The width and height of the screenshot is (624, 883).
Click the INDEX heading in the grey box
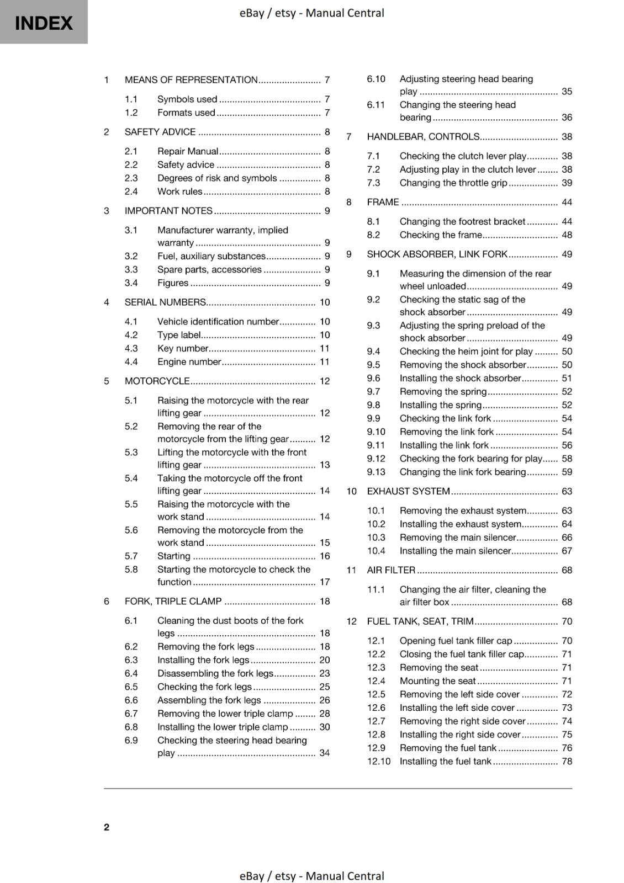[44, 23]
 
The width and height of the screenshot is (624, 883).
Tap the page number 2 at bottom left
[107, 827]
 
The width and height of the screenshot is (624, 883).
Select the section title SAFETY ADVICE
[160, 132]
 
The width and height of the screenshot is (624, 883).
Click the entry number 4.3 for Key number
[131, 348]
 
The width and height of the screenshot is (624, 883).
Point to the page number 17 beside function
[324, 582]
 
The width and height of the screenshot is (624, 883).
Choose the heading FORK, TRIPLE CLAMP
[173, 601]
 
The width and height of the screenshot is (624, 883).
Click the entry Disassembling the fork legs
[215, 673]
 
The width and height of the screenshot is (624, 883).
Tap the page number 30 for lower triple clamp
[324, 727]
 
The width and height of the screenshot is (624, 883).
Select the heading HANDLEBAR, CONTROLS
[423, 136]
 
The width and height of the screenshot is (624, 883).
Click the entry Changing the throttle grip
[453, 183]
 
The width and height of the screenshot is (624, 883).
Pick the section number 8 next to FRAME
[349, 202]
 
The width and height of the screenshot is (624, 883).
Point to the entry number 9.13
[376, 472]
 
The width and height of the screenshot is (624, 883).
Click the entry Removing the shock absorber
[463, 365]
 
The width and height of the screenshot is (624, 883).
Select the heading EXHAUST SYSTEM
[409, 491]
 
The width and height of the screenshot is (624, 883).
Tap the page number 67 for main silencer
[567, 551]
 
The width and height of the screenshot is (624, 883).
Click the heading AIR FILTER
[391, 570]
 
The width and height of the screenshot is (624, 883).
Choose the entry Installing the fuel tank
[445, 761]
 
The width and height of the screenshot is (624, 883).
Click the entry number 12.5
[376, 694]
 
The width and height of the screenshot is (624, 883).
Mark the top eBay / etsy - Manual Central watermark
[311, 13]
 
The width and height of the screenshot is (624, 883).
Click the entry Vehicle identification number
[218, 321]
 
